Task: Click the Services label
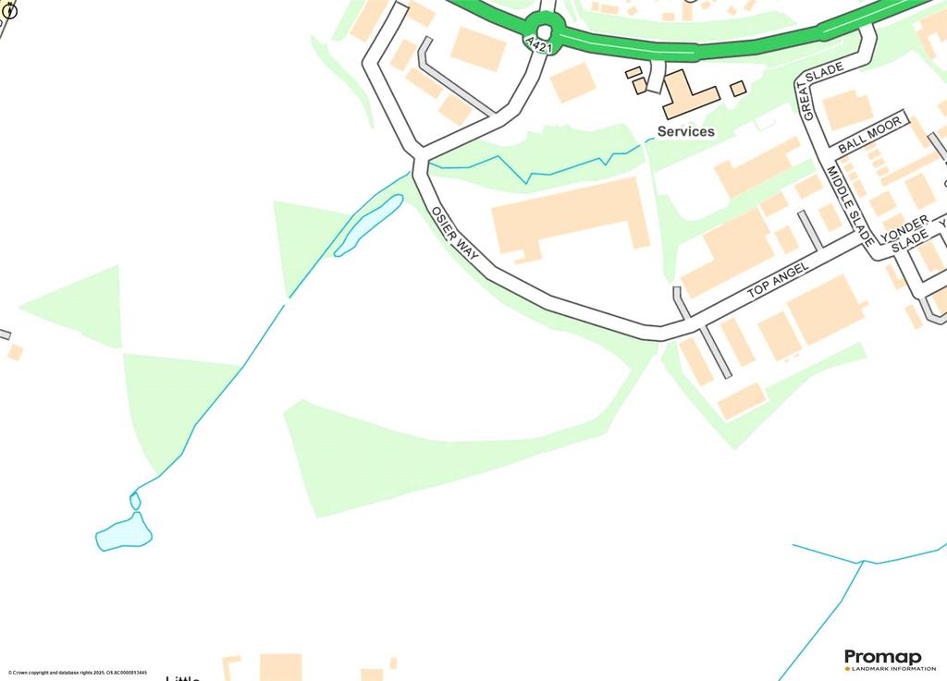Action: (685, 132)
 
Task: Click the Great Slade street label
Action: (822, 93)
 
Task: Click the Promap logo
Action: (882, 657)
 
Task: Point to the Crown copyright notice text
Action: (78, 673)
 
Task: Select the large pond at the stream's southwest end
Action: (124, 533)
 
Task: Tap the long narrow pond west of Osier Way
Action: (368, 225)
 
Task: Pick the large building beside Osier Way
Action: (570, 218)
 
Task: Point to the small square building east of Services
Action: (738, 88)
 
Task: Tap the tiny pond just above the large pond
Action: (135, 501)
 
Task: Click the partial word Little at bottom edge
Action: (182, 677)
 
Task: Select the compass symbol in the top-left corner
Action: (11, 11)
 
